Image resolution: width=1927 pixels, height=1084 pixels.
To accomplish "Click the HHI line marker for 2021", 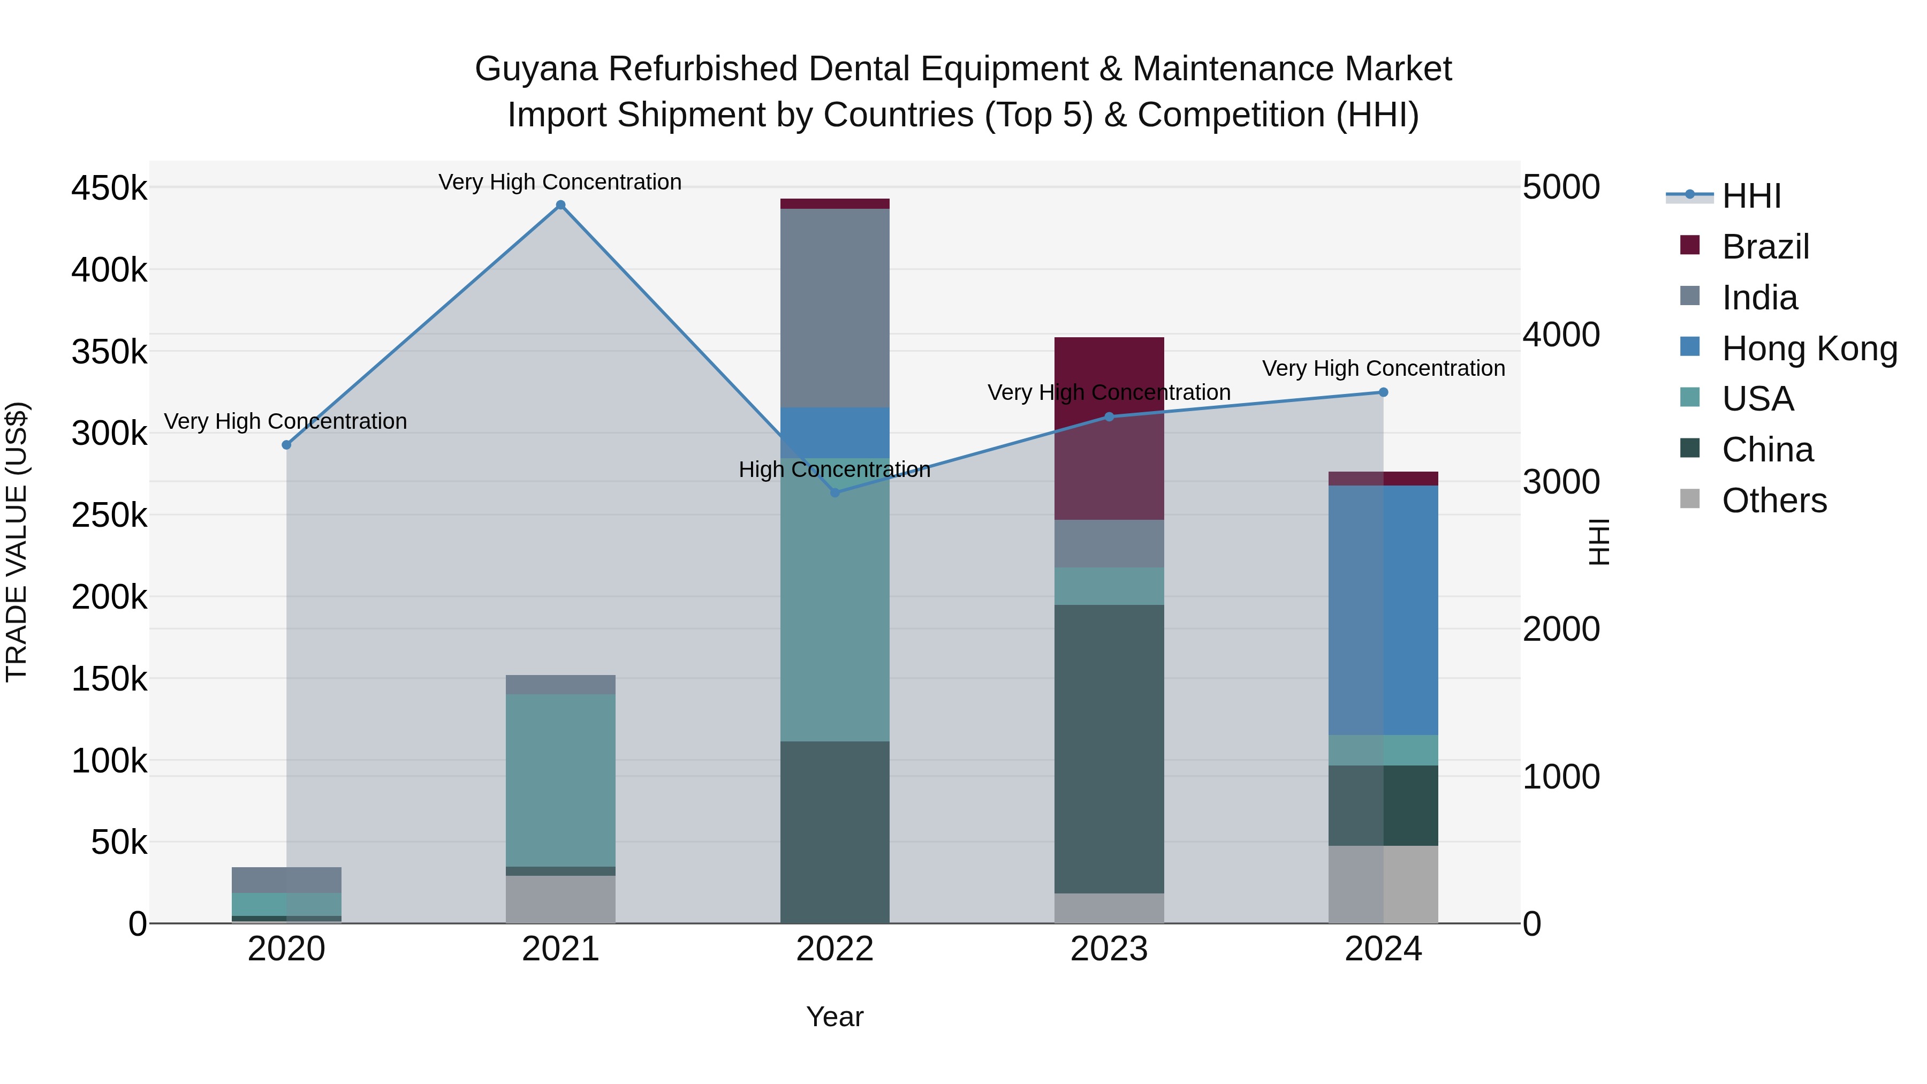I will (x=560, y=205).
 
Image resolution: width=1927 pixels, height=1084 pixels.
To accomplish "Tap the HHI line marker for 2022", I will (x=835, y=492).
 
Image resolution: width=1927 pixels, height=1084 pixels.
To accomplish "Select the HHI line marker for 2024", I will (x=1383, y=392).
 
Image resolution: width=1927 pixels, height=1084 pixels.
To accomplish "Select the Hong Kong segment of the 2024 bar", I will (x=1383, y=610).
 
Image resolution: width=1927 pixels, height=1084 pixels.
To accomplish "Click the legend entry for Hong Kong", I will (x=1809, y=348).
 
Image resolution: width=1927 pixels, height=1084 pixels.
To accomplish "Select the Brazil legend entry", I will (x=1765, y=247).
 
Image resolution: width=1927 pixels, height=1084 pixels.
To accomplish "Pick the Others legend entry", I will (x=1774, y=501).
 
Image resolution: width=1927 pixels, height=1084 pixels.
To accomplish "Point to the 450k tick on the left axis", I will (x=109, y=188).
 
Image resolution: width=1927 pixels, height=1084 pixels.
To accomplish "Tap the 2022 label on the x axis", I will (x=835, y=949).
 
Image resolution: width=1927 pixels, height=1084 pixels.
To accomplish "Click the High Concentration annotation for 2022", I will (x=835, y=470).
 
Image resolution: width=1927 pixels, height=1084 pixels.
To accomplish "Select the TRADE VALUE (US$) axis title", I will (x=17, y=542).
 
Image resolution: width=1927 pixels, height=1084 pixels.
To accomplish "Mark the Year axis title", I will (x=835, y=1017).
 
